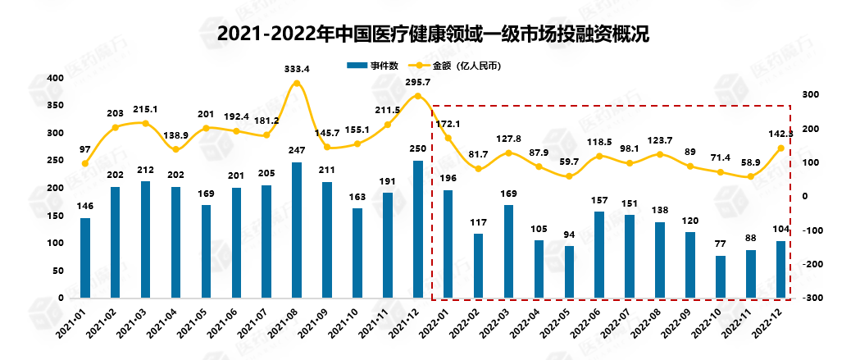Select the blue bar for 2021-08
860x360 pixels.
297,230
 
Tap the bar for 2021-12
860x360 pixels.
418,229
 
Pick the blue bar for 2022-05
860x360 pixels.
569,271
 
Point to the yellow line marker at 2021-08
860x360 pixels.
297,83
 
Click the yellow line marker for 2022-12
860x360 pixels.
781,148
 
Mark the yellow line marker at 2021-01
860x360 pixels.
85,163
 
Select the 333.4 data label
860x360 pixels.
297,68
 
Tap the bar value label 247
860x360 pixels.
297,152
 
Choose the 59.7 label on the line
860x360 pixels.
569,162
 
